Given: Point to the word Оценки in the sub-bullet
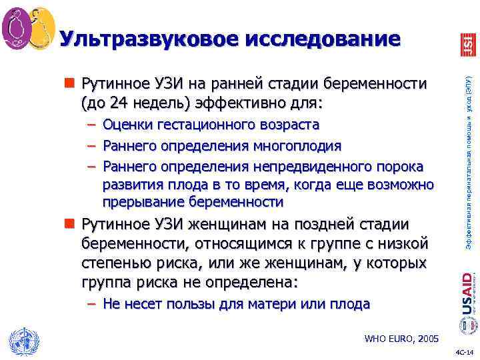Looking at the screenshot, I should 126,125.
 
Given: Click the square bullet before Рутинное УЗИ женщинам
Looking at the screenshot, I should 71,223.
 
